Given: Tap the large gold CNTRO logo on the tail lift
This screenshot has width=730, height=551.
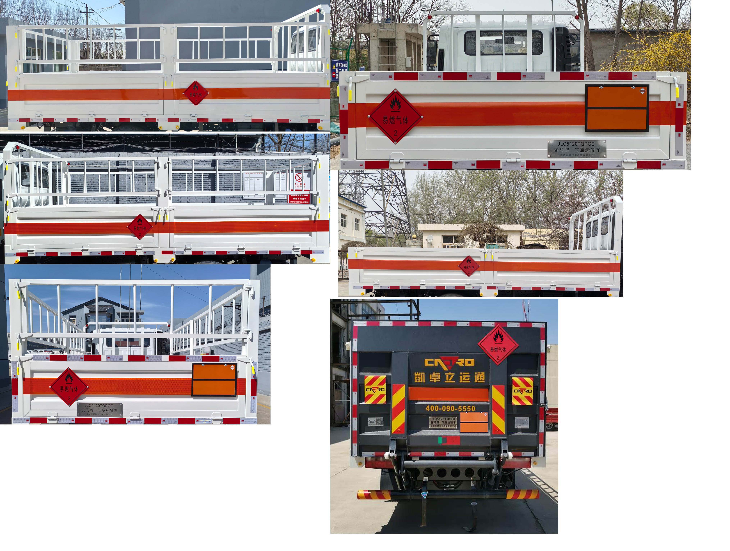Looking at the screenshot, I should tap(449, 363).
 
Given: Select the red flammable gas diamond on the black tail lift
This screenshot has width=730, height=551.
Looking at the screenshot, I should tap(498, 345).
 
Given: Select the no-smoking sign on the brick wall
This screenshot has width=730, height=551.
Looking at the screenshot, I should tap(299, 180).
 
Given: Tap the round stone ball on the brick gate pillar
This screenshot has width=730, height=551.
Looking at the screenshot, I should tap(414, 237).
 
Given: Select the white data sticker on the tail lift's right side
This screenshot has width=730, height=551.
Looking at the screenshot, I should tap(522, 422).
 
